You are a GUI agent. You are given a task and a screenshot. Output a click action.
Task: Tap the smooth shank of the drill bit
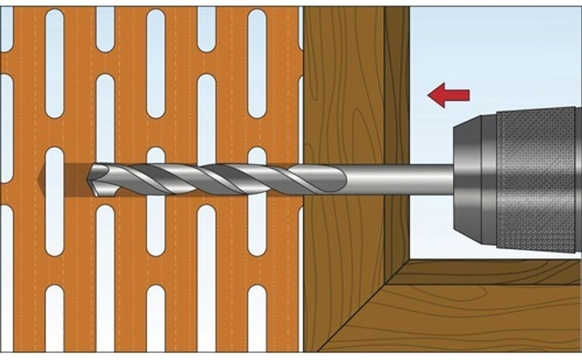coord(398,179)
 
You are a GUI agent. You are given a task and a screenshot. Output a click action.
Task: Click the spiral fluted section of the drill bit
coord(216,177)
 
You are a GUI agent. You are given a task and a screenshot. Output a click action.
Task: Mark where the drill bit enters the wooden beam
coord(305,179)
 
